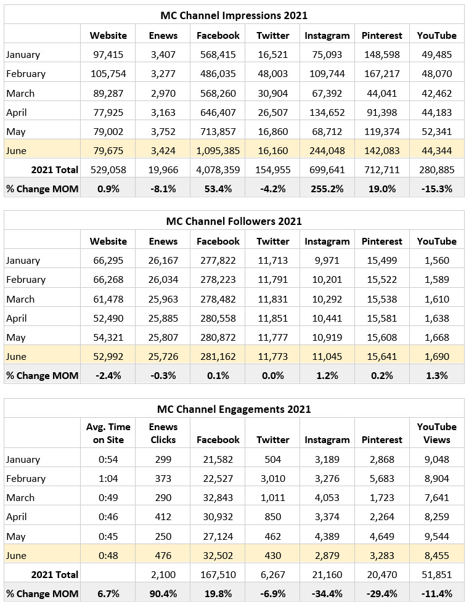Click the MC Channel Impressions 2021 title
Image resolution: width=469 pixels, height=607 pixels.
point(234,15)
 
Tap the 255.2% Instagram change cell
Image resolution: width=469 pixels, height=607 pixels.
point(327,189)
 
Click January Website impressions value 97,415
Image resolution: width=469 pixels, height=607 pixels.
point(108,54)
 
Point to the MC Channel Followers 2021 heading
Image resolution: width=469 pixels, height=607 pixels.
point(234,221)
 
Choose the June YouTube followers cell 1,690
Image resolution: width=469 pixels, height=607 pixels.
point(437,356)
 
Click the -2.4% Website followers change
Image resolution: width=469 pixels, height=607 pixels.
point(108,375)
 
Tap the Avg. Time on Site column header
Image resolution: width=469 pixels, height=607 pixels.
point(108,433)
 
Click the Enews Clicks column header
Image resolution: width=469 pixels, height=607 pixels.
point(163,433)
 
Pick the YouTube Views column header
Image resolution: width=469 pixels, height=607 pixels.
point(437,433)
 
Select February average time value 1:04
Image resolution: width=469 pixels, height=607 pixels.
point(108,478)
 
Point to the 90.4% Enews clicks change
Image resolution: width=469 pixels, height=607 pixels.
point(163,593)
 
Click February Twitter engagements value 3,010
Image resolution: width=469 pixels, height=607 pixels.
point(272,478)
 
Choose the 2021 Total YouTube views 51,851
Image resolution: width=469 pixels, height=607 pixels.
point(437,574)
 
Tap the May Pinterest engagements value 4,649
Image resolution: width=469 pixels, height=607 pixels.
point(381,536)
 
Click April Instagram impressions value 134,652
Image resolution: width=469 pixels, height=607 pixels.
point(327,112)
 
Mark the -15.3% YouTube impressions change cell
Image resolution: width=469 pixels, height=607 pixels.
point(437,189)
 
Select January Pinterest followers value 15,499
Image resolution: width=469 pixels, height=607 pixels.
point(381,260)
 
